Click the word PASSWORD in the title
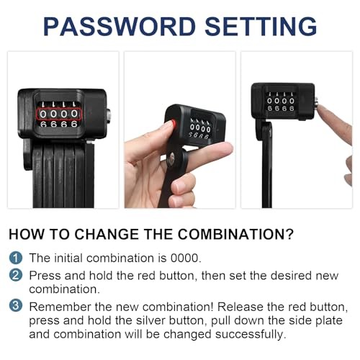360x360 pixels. [x=120, y=27]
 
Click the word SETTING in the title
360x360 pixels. [x=261, y=27]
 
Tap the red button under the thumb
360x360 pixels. [x=174, y=124]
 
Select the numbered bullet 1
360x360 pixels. [x=16, y=258]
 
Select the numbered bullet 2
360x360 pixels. [x=16, y=275]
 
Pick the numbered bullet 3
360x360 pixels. [x=16, y=306]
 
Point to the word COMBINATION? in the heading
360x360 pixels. [x=235, y=234]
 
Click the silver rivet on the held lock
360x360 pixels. [x=171, y=158]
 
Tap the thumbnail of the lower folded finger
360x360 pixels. [x=180, y=186]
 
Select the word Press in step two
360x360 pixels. [x=45, y=276]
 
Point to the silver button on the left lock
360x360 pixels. [x=108, y=116]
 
